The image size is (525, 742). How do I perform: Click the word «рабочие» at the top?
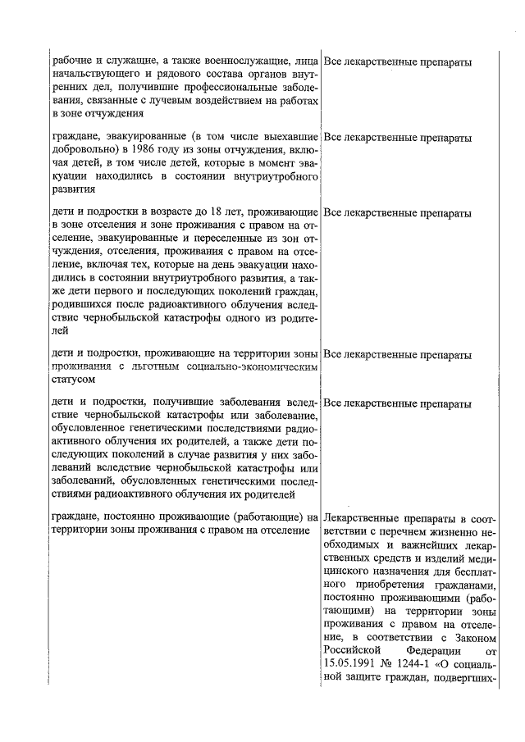pos(71,62)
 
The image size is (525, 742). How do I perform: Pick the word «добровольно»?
pos(81,151)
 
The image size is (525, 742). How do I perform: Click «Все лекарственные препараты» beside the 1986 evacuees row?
pos(398,138)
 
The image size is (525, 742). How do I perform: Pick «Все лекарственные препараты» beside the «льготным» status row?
pos(398,355)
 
